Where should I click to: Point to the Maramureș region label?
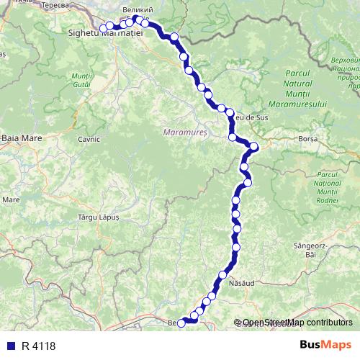pyautogui.click(x=185, y=132)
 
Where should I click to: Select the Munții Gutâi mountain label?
pyautogui.click(x=81, y=80)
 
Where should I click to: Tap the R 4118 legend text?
pyautogui.click(x=38, y=346)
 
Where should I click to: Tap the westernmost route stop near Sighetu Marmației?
pyautogui.click(x=103, y=28)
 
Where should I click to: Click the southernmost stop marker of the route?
pyautogui.click(x=181, y=323)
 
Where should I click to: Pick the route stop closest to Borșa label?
pyautogui.click(x=253, y=147)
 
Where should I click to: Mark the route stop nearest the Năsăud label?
pyautogui.click(x=223, y=275)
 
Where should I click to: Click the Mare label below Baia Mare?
pyautogui.click(x=11, y=199)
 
